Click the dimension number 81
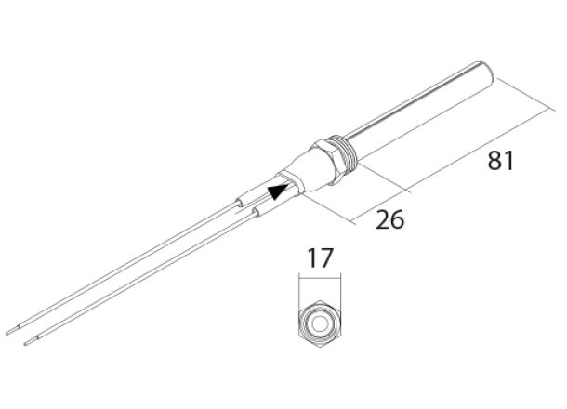coord(501,160)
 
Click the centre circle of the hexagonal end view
coord(319,322)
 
